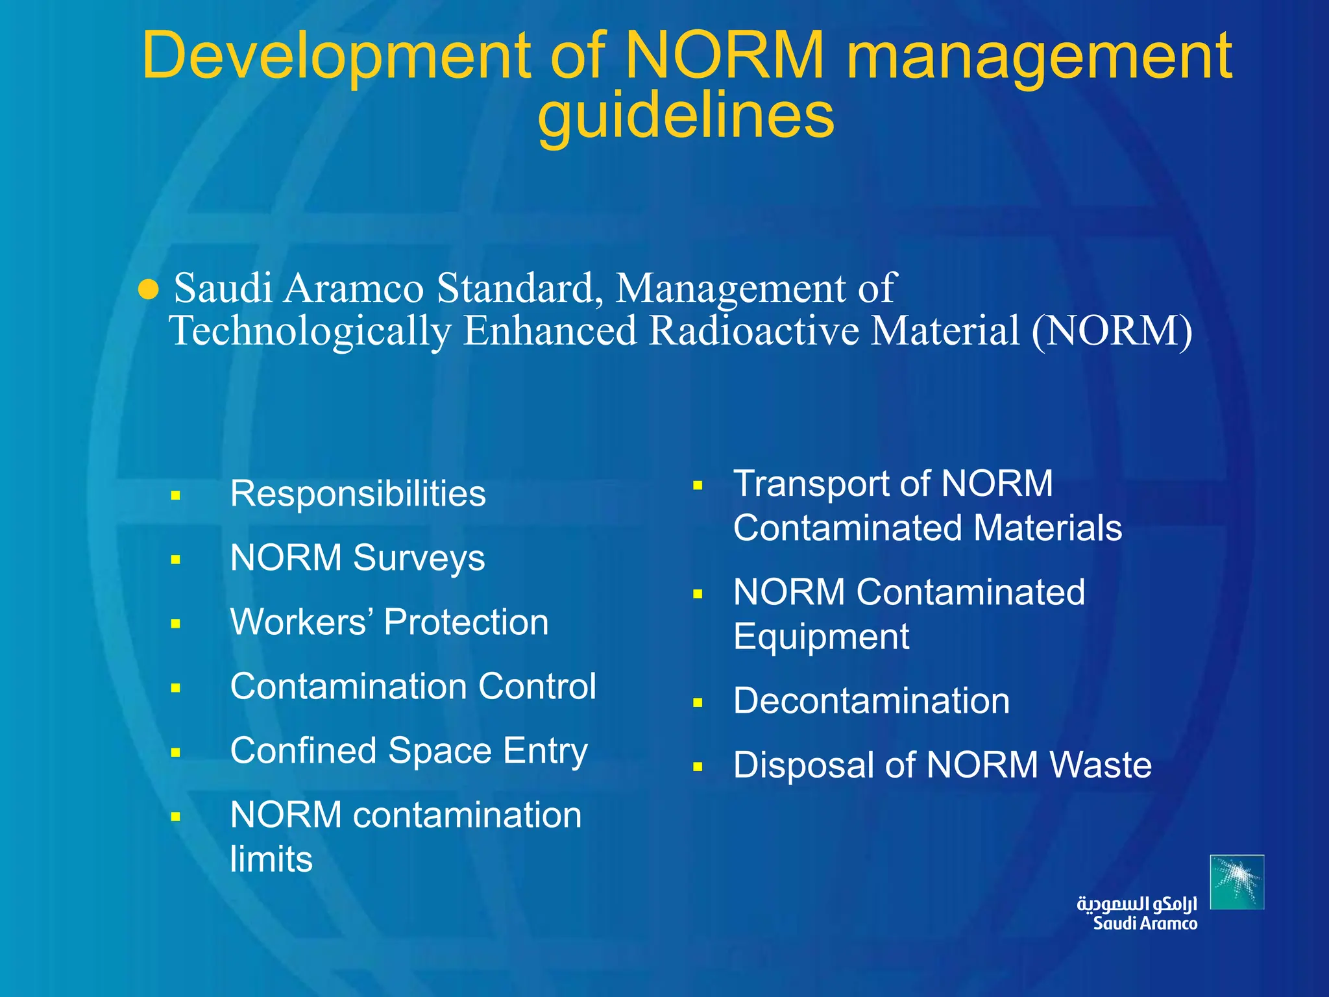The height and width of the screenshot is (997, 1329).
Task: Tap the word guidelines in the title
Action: tap(686, 116)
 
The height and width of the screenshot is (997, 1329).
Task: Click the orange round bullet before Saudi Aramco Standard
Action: tap(149, 290)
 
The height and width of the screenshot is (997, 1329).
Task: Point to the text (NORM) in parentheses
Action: tap(1112, 331)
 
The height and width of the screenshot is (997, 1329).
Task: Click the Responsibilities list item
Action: tap(358, 494)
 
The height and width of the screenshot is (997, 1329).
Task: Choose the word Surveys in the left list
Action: tap(419, 558)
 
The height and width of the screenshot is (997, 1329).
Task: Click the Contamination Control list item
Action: tap(413, 686)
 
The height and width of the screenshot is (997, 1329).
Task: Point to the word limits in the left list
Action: tap(271, 859)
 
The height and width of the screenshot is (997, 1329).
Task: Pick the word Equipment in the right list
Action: tap(821, 637)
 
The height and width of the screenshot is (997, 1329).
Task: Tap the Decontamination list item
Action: tap(871, 701)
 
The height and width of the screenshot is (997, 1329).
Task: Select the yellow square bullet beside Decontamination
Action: tap(698, 702)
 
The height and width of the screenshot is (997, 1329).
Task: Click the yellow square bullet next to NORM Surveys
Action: tap(175, 560)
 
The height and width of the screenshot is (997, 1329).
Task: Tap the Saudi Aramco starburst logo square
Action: tap(1237, 881)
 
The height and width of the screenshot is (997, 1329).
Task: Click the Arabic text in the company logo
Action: tap(1136, 904)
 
